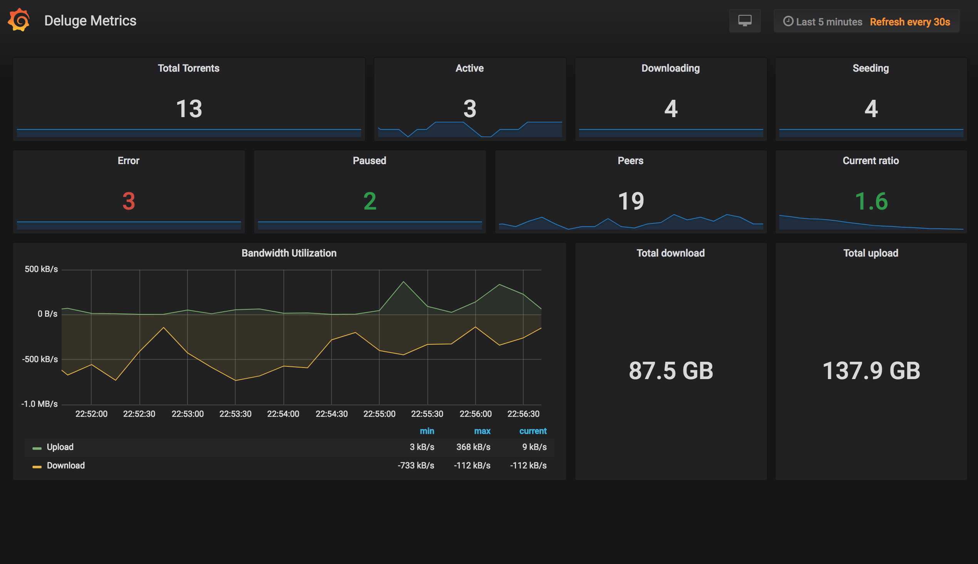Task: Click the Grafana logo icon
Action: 18,20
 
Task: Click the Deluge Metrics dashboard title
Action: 90,20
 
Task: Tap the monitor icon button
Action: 745,21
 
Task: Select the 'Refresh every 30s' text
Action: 909,22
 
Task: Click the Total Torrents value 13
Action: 189,109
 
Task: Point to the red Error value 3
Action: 129,201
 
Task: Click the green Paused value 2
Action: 370,201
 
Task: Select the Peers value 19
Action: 631,201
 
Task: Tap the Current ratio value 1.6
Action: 871,201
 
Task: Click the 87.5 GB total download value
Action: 671,370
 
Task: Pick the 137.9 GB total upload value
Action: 871,370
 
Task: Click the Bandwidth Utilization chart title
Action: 289,253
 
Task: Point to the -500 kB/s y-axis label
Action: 40,359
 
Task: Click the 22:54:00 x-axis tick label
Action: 283,414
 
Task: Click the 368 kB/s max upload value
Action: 473,447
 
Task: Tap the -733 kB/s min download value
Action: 416,466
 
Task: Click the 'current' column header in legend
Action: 533,431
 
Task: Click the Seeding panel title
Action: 870,68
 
